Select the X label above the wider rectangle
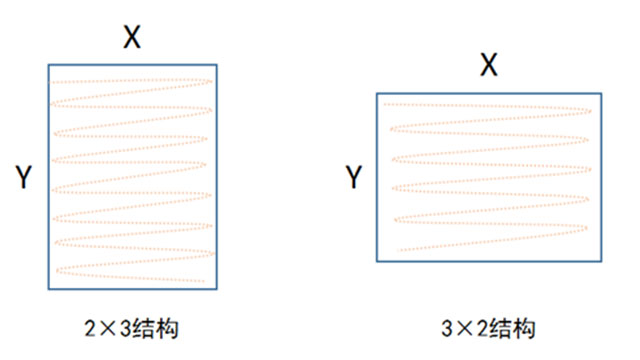click(x=489, y=66)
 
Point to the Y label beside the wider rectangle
click(x=353, y=178)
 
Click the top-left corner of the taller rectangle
click(x=48, y=65)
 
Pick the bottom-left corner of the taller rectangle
click(x=48, y=290)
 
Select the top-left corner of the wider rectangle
click(x=377, y=93)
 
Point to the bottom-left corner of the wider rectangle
click(x=377, y=262)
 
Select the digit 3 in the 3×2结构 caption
click(x=446, y=328)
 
